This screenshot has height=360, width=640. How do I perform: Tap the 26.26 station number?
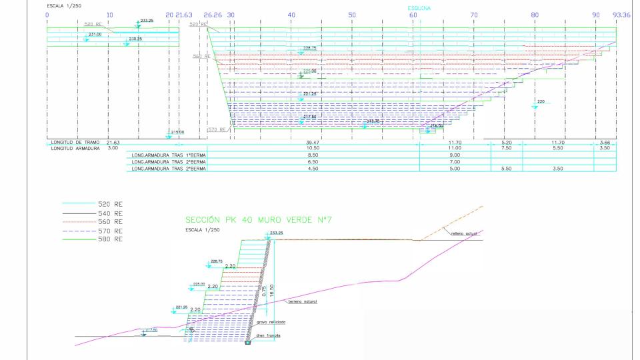(213, 14)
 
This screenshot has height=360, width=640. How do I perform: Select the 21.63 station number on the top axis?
(183, 14)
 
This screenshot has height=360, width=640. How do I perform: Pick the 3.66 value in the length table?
(605, 143)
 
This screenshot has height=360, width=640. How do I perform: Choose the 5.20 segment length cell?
(506, 143)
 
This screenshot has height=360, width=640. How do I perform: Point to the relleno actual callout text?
(459, 233)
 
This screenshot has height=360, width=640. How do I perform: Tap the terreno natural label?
(303, 301)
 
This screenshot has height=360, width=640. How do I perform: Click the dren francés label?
(269, 335)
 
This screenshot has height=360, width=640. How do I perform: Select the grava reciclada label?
(271, 322)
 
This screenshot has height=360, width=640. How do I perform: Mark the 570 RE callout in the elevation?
(217, 129)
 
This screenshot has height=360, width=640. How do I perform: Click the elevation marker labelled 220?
(541, 102)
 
